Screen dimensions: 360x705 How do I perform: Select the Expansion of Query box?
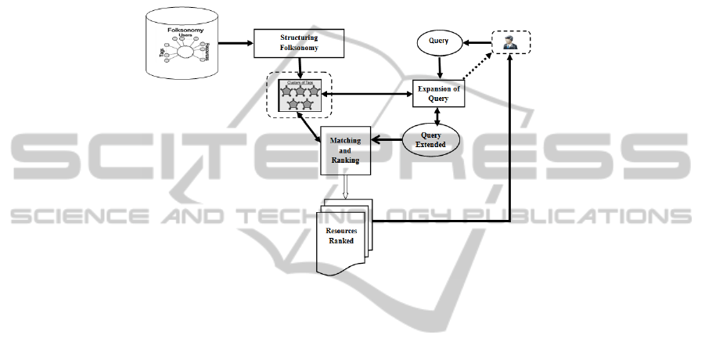coord(437,94)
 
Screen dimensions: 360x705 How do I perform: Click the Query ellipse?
coord(439,42)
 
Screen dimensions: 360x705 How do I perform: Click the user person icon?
coord(511,44)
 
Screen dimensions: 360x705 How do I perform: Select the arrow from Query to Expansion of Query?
coord(438,67)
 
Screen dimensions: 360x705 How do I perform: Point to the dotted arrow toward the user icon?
coord(477,67)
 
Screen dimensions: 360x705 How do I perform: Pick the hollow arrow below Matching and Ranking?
coord(344,186)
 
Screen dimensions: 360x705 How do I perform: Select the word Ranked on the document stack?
coord(341,241)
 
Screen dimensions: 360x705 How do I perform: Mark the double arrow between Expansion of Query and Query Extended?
coord(437,116)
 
